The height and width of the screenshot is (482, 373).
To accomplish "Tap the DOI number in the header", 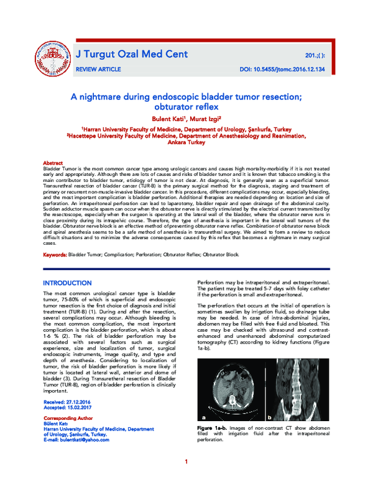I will click(282, 71).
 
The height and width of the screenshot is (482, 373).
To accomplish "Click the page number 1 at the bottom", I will click(186, 462).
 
